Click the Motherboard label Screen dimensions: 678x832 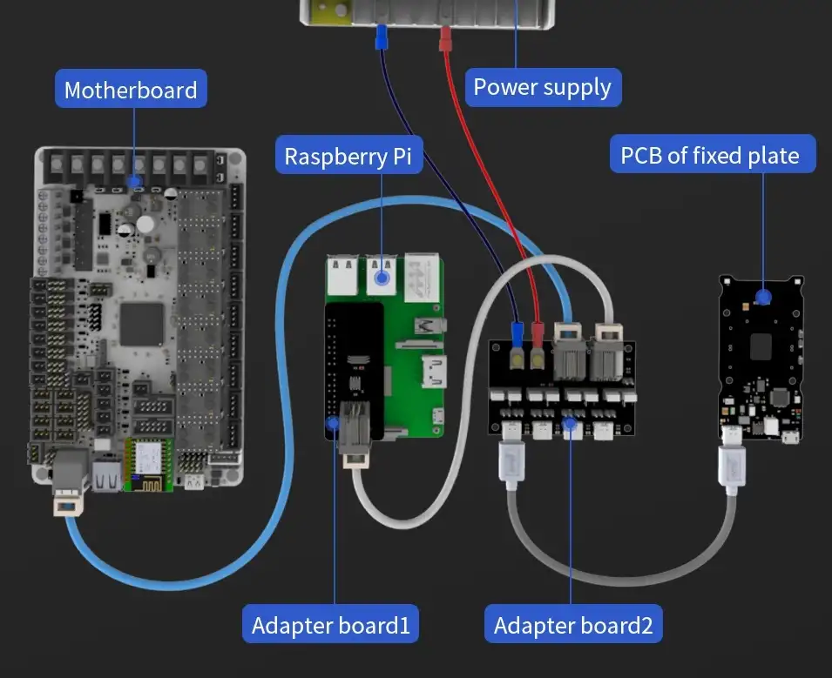pos(131,90)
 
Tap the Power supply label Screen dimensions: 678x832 pos(542,87)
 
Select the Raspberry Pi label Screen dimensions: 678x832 pos(348,157)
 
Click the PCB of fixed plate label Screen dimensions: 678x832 pos(709,156)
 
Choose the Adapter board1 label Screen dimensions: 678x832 pos(330,625)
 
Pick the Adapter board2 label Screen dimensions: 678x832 pos(572,625)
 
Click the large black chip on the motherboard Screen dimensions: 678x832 pos(142,325)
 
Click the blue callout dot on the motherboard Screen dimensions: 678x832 pos(134,182)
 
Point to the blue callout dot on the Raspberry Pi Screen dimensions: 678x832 pos(382,278)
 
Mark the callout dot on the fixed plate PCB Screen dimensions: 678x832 pos(763,297)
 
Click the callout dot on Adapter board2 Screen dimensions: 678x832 pos(571,425)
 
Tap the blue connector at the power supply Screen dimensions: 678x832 pos(381,39)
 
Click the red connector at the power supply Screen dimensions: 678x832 pos(445,38)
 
